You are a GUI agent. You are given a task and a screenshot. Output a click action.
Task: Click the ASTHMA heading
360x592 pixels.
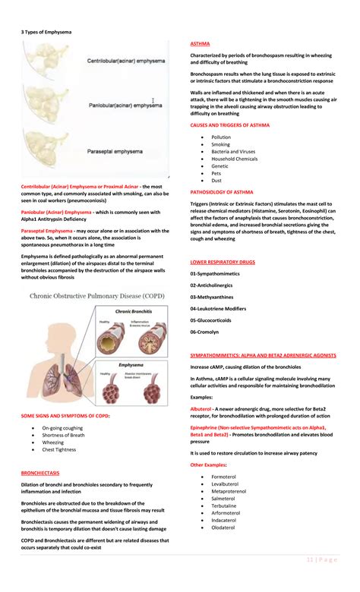pos(200,44)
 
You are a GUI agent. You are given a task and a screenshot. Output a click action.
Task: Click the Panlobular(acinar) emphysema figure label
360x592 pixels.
pos(125,105)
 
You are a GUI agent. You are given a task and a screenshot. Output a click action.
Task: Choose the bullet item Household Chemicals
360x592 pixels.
pos(234,159)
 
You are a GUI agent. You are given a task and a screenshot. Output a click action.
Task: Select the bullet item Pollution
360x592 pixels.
pos(221,137)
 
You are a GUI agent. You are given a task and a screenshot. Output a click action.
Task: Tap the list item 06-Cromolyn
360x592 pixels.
pos(205,331)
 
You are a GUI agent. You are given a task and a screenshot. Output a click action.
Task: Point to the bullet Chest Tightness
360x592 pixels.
pos(59,449)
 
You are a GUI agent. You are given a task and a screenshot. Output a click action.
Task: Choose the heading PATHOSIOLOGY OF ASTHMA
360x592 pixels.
pos(222,192)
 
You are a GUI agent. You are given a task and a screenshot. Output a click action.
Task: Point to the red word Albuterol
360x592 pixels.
pos(201,408)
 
